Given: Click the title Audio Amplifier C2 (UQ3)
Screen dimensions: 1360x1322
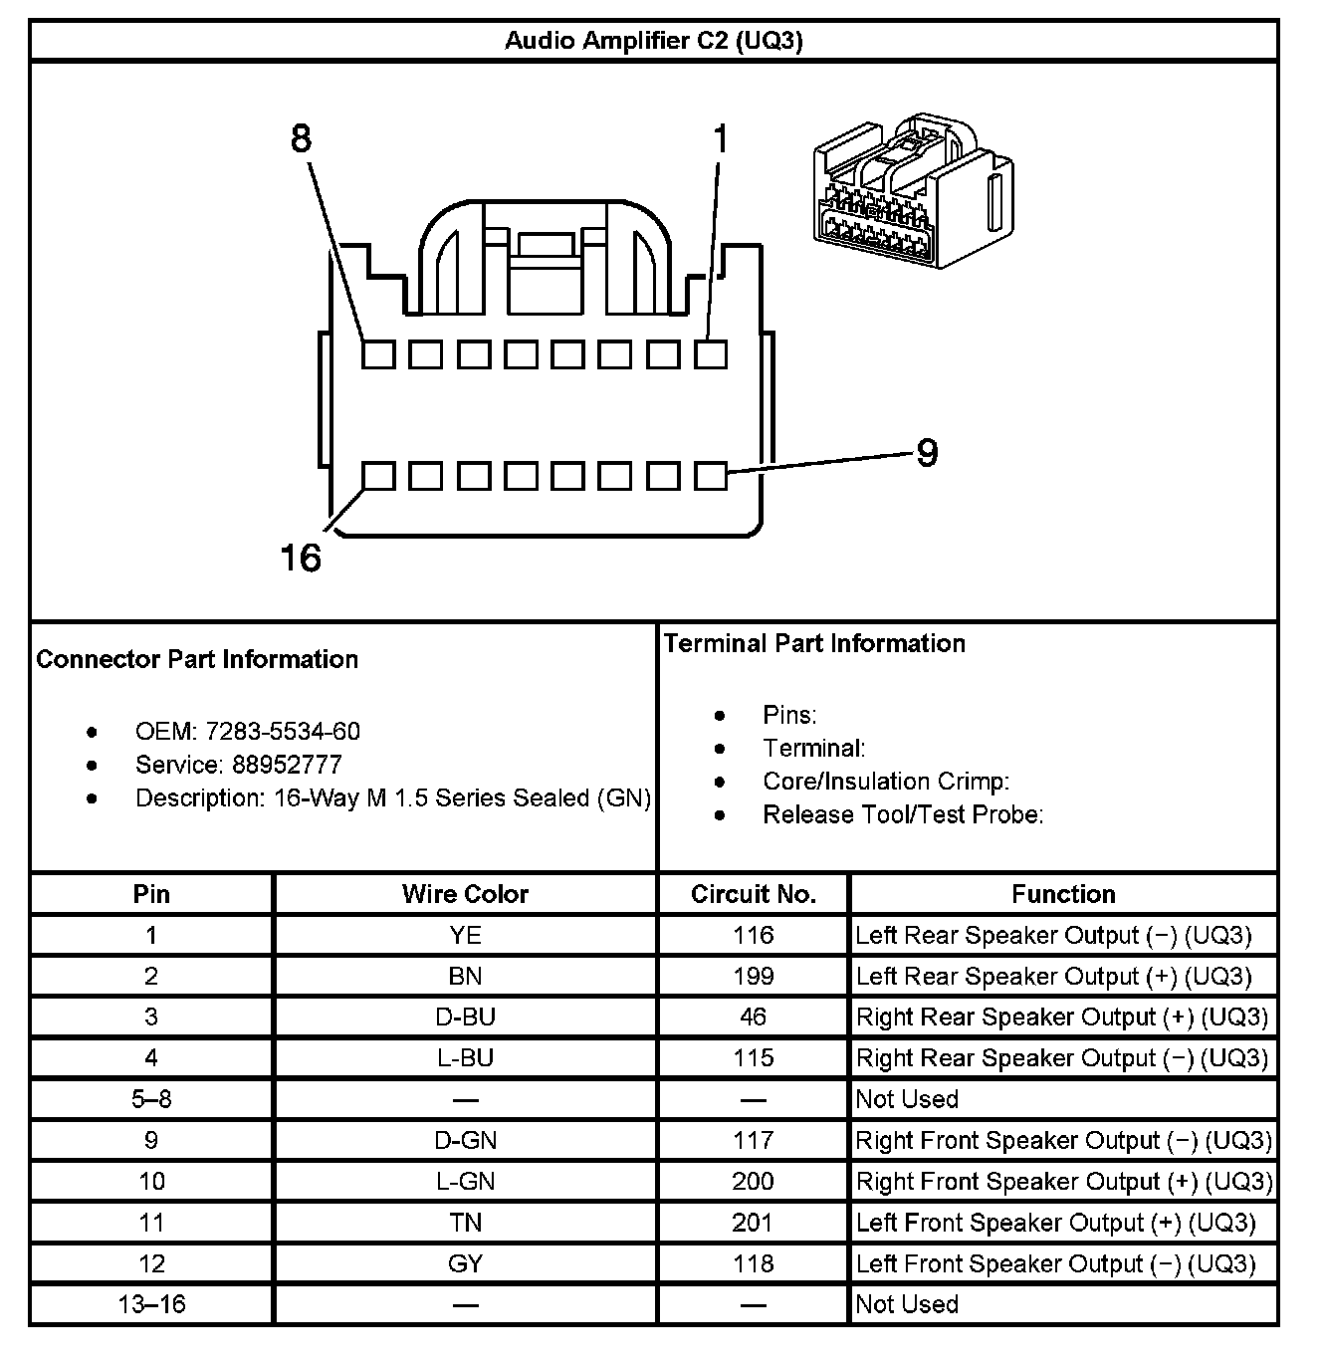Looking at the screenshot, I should [x=653, y=41].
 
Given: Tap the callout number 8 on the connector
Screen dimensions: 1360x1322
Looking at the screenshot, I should [x=301, y=138].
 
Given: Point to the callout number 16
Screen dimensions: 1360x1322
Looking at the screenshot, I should [x=300, y=558].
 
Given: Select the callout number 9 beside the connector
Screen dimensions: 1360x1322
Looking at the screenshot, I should [x=926, y=453].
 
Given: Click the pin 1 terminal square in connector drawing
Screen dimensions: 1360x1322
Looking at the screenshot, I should [x=711, y=353].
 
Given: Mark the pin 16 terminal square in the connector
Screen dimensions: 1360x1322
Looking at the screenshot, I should [x=378, y=476].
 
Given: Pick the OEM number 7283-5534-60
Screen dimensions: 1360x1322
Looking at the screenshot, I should [x=283, y=732].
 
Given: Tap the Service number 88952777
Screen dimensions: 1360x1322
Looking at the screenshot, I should [x=287, y=765].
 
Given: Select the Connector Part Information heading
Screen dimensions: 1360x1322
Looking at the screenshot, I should [x=197, y=659].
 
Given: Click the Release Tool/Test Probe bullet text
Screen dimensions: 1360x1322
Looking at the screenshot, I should [x=903, y=814].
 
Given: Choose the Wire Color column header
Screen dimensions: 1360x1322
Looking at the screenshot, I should [x=465, y=894].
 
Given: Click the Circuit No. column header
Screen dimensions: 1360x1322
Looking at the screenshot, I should [x=754, y=894].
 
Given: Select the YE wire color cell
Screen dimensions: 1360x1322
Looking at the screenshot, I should [x=465, y=935].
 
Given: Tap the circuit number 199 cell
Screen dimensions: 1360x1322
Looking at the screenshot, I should [x=754, y=976].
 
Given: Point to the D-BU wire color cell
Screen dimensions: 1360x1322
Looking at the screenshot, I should [x=465, y=1017].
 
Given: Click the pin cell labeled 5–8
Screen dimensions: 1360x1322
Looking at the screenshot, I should [x=151, y=1099].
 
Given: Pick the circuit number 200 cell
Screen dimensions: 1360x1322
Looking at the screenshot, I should [x=754, y=1181].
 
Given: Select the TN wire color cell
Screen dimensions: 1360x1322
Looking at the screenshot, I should [x=465, y=1223].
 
